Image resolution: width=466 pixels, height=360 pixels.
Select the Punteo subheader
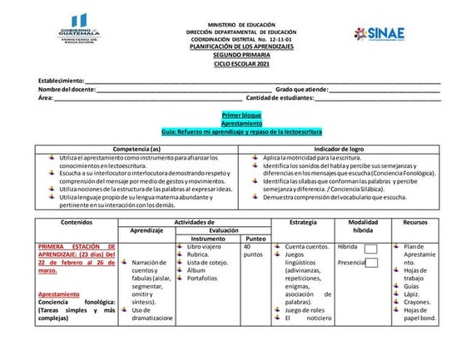(x=255, y=239)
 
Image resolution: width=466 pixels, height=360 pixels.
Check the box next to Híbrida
(x=371, y=249)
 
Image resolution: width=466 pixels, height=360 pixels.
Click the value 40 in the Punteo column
(x=249, y=247)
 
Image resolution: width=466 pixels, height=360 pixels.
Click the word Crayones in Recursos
(x=417, y=303)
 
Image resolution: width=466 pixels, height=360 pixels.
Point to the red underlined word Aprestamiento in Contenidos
(x=57, y=294)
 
